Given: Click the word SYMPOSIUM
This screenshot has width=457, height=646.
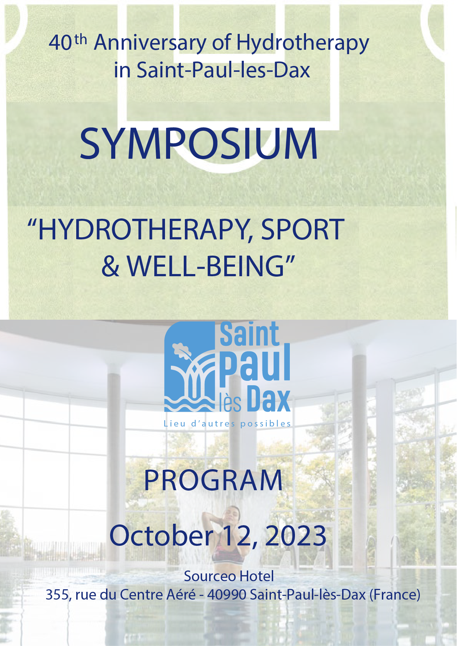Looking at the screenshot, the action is tap(199, 144).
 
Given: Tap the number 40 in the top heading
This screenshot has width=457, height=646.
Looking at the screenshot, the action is tap(60, 43).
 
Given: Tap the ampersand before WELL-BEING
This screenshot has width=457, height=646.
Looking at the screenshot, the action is tap(110, 266).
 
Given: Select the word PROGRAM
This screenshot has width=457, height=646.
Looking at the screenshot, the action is tap(213, 480).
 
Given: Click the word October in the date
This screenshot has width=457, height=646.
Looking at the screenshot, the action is tap(161, 535).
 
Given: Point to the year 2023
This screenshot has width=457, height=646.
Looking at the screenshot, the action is tap(295, 536).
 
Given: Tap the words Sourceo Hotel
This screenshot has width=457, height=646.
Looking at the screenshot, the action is tap(229, 576).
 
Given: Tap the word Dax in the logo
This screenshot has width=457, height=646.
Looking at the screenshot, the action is tap(268, 399).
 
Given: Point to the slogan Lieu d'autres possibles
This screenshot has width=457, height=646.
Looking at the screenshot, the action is tap(227, 424).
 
